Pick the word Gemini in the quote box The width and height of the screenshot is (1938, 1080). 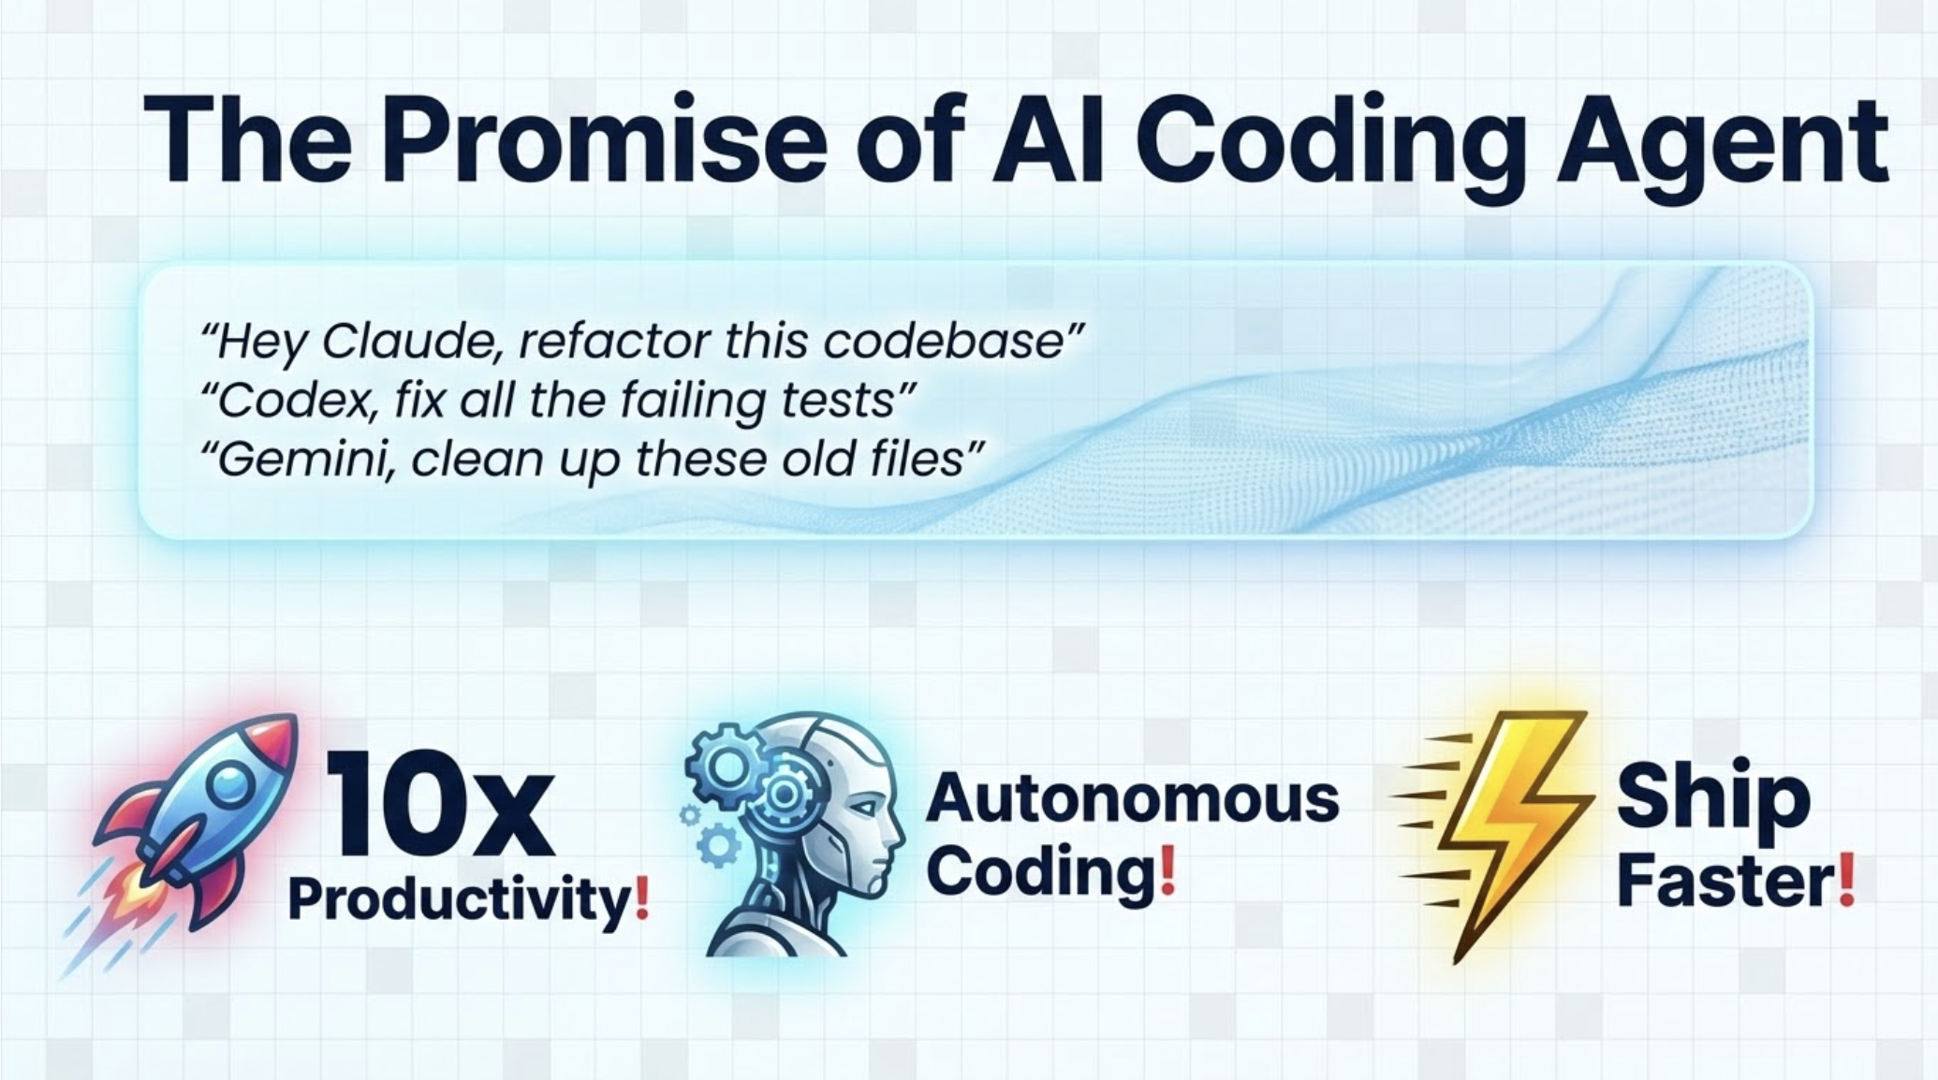(x=298, y=460)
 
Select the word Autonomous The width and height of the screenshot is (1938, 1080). (x=1132, y=798)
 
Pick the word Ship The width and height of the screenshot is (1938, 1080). (x=1712, y=796)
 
